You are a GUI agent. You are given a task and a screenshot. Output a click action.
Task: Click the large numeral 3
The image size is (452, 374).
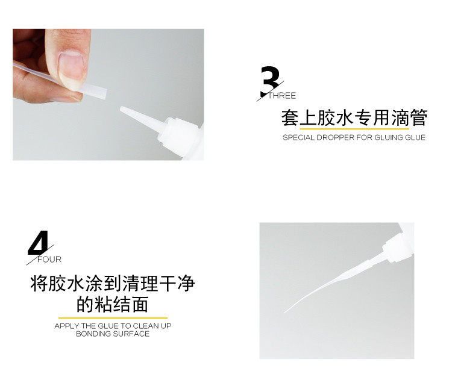[x=271, y=81]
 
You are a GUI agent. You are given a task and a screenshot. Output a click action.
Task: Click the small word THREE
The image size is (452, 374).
[x=282, y=96]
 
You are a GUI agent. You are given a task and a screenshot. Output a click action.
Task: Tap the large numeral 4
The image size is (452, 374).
[x=39, y=243]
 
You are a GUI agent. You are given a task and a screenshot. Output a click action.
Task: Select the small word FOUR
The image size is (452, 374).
[x=49, y=260]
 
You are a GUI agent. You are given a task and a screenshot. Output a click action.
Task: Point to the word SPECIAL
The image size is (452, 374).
[x=298, y=137]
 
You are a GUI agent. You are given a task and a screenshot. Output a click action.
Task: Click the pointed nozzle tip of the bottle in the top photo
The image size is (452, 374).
[x=121, y=108]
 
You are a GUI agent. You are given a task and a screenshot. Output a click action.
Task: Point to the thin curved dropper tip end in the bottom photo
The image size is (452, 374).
[x=284, y=313]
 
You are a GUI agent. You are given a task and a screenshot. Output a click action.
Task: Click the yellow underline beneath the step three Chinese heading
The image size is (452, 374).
[x=354, y=128]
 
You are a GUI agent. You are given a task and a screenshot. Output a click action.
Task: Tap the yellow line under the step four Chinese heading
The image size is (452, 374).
[x=113, y=318]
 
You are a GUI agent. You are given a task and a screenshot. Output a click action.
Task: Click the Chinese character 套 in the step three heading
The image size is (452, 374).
[x=290, y=118]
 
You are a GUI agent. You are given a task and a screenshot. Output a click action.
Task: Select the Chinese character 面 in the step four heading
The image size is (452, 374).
[x=140, y=304]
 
